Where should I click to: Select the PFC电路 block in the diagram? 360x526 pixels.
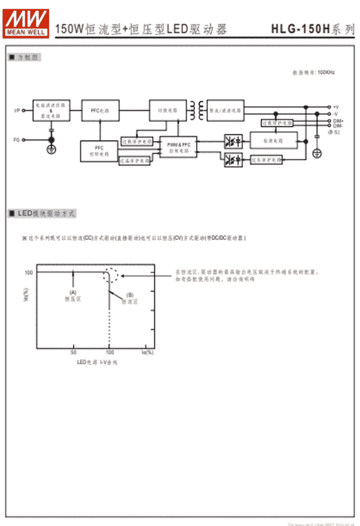100,110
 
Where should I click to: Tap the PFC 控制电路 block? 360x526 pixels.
99,151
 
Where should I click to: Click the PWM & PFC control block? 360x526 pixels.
179,147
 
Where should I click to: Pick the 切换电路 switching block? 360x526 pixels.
168,110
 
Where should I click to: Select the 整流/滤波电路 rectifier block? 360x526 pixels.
226,110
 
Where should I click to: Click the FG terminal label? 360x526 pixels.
16,140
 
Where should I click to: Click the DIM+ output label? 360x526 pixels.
338,121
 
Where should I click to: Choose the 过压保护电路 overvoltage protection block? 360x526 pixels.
266,159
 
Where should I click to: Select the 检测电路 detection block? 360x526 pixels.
273,140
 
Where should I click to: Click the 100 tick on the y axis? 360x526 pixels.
28,272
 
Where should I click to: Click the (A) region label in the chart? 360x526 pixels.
73,292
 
